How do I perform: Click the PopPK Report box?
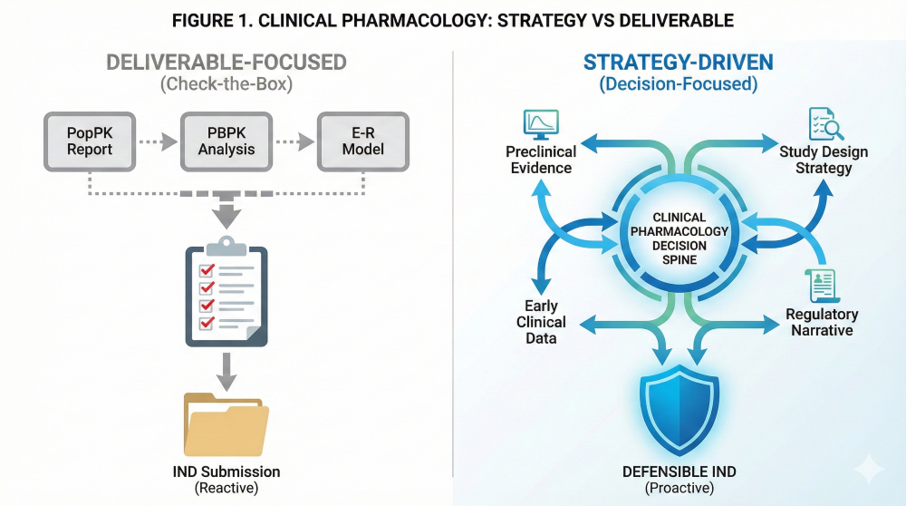click(x=89, y=141)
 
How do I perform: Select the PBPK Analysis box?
click(x=226, y=141)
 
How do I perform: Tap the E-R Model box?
click(x=363, y=141)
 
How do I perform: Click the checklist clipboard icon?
click(x=226, y=291)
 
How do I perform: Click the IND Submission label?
click(x=226, y=472)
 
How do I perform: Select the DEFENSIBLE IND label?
click(x=679, y=472)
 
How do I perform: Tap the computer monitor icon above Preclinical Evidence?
click(x=540, y=123)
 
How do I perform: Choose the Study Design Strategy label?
click(x=824, y=160)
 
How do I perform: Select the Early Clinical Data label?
click(x=541, y=322)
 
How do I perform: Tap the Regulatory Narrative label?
click(x=822, y=322)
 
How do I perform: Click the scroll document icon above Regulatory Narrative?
click(x=820, y=285)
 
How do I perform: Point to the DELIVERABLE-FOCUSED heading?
click(x=226, y=63)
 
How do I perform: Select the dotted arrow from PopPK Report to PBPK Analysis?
click(x=158, y=141)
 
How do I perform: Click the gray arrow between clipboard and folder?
click(x=226, y=367)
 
